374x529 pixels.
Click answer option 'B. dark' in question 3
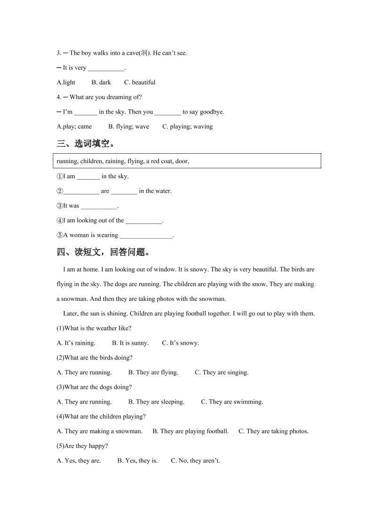pyautogui.click(x=101, y=83)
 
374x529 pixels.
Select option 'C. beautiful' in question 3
pyautogui.click(x=140, y=83)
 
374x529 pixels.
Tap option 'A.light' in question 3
pyautogui.click(x=66, y=83)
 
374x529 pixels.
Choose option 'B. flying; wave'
pyautogui.click(x=128, y=126)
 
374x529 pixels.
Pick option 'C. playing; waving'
pyautogui.click(x=187, y=126)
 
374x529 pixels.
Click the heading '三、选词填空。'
pyautogui.click(x=85, y=144)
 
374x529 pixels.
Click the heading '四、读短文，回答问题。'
pyautogui.click(x=104, y=252)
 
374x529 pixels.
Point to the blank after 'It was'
pyautogui.click(x=99, y=206)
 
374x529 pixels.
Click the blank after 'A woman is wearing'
pyautogui.click(x=147, y=235)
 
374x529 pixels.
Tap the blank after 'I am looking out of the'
pyautogui.click(x=144, y=221)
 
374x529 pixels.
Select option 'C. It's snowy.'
pyautogui.click(x=180, y=343)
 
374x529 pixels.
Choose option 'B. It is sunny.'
pyautogui.click(x=130, y=343)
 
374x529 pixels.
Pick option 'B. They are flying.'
pyautogui.click(x=153, y=372)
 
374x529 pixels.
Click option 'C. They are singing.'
pyautogui.click(x=221, y=372)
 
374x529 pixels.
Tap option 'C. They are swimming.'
pyautogui.click(x=232, y=402)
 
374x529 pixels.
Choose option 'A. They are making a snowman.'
pyautogui.click(x=100, y=431)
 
